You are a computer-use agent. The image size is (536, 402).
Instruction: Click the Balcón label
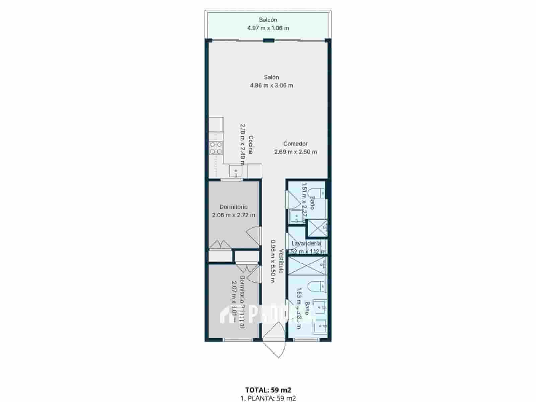coord(268,20)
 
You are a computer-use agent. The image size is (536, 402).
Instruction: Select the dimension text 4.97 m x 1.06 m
coord(268,28)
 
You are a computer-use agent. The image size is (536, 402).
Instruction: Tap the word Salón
coord(271,77)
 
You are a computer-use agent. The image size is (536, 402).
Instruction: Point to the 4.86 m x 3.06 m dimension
coord(271,85)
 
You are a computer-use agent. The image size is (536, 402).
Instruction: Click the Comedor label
coord(295,144)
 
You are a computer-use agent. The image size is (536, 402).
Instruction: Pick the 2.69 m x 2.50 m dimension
coord(295,152)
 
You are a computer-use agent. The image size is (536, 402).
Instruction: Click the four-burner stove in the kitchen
coord(216,148)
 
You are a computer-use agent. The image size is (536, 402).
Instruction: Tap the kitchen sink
coord(236,171)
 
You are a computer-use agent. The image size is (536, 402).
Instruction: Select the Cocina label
coord(251,145)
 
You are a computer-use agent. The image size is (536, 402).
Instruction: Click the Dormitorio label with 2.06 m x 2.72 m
coord(233,207)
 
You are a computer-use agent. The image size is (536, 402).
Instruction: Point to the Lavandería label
coord(306,244)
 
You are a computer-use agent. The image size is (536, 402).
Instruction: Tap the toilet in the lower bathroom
coord(317,287)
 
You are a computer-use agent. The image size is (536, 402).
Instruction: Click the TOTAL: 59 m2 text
coord(268,390)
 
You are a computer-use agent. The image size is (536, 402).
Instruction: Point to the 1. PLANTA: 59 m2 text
coord(268,398)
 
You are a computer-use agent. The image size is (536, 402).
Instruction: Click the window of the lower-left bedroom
coord(238,340)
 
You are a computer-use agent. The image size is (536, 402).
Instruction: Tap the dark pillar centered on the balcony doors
coord(269,41)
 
